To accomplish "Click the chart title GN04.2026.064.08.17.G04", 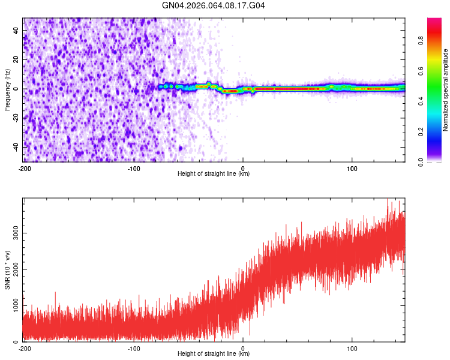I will point(214,5).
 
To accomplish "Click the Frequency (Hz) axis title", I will point(7,90).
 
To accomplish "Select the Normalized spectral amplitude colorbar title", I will point(445,90).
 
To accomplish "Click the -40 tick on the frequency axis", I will point(16,146).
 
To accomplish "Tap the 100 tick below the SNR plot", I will point(352,348).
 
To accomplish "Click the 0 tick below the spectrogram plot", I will point(243,168).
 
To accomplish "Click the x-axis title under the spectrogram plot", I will point(214,174).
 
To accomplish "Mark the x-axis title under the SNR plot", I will point(214,354).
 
